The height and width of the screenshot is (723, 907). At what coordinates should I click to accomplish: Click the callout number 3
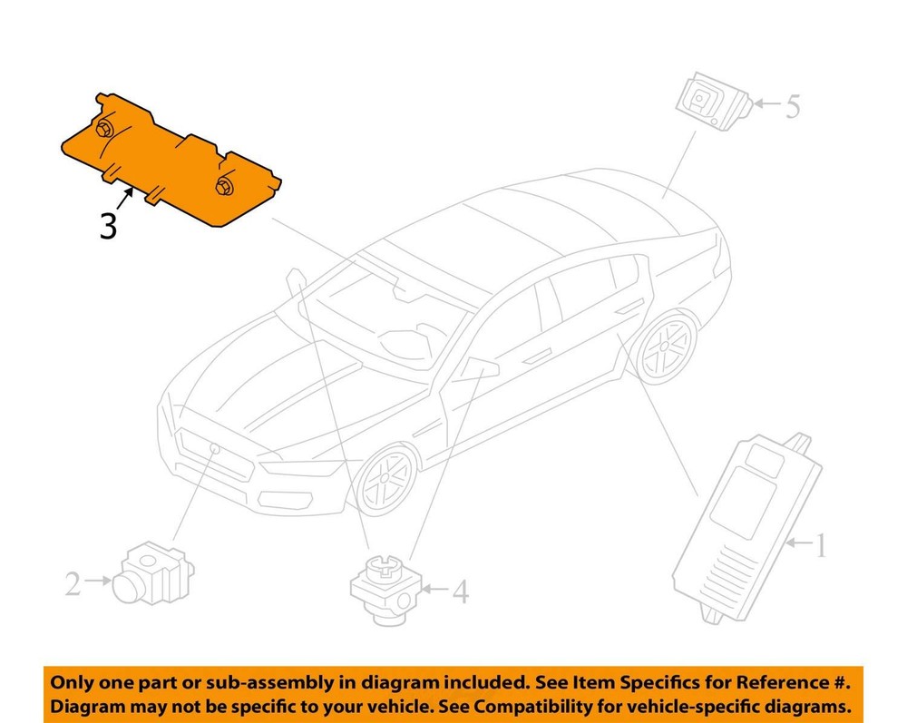tap(108, 225)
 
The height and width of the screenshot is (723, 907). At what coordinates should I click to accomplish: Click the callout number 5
tap(792, 107)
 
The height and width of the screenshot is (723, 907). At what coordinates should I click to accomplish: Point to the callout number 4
tap(461, 591)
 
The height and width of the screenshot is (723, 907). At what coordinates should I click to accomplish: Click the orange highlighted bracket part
tap(163, 163)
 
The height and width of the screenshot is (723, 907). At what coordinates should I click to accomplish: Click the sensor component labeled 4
tap(387, 587)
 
